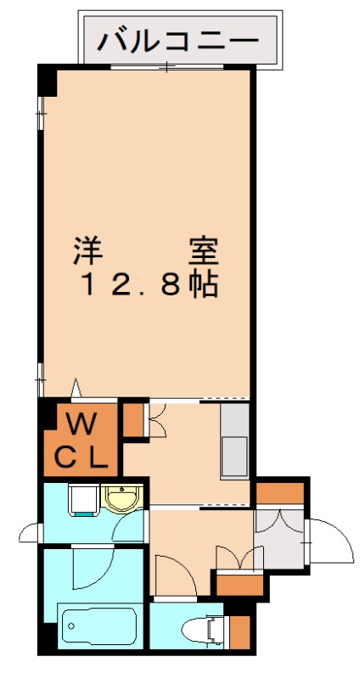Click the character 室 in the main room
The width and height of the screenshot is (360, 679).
click(x=204, y=252)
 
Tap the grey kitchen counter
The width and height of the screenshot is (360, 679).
click(x=234, y=441)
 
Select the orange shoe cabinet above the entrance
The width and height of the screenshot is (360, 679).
click(x=280, y=493)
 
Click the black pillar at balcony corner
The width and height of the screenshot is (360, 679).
click(x=48, y=80)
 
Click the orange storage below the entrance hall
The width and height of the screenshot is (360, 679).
click(x=239, y=585)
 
